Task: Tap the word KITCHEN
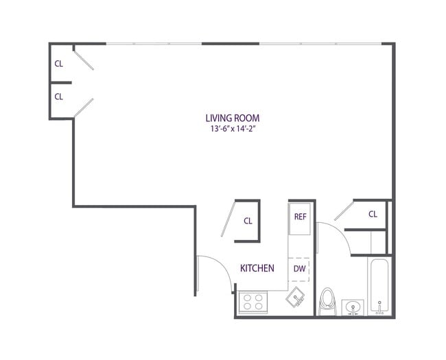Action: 257,268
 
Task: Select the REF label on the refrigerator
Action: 300,217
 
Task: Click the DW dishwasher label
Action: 300,268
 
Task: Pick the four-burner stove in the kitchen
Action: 253,302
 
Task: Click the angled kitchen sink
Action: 296,298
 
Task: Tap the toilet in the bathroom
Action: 328,301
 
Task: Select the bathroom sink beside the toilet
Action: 353,307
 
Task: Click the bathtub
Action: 379,286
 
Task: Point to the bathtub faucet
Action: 379,304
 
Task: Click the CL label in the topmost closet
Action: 59,63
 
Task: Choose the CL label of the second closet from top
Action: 59,97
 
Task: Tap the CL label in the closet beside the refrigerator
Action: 248,221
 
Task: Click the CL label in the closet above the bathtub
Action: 373,214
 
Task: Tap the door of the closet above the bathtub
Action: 343,211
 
